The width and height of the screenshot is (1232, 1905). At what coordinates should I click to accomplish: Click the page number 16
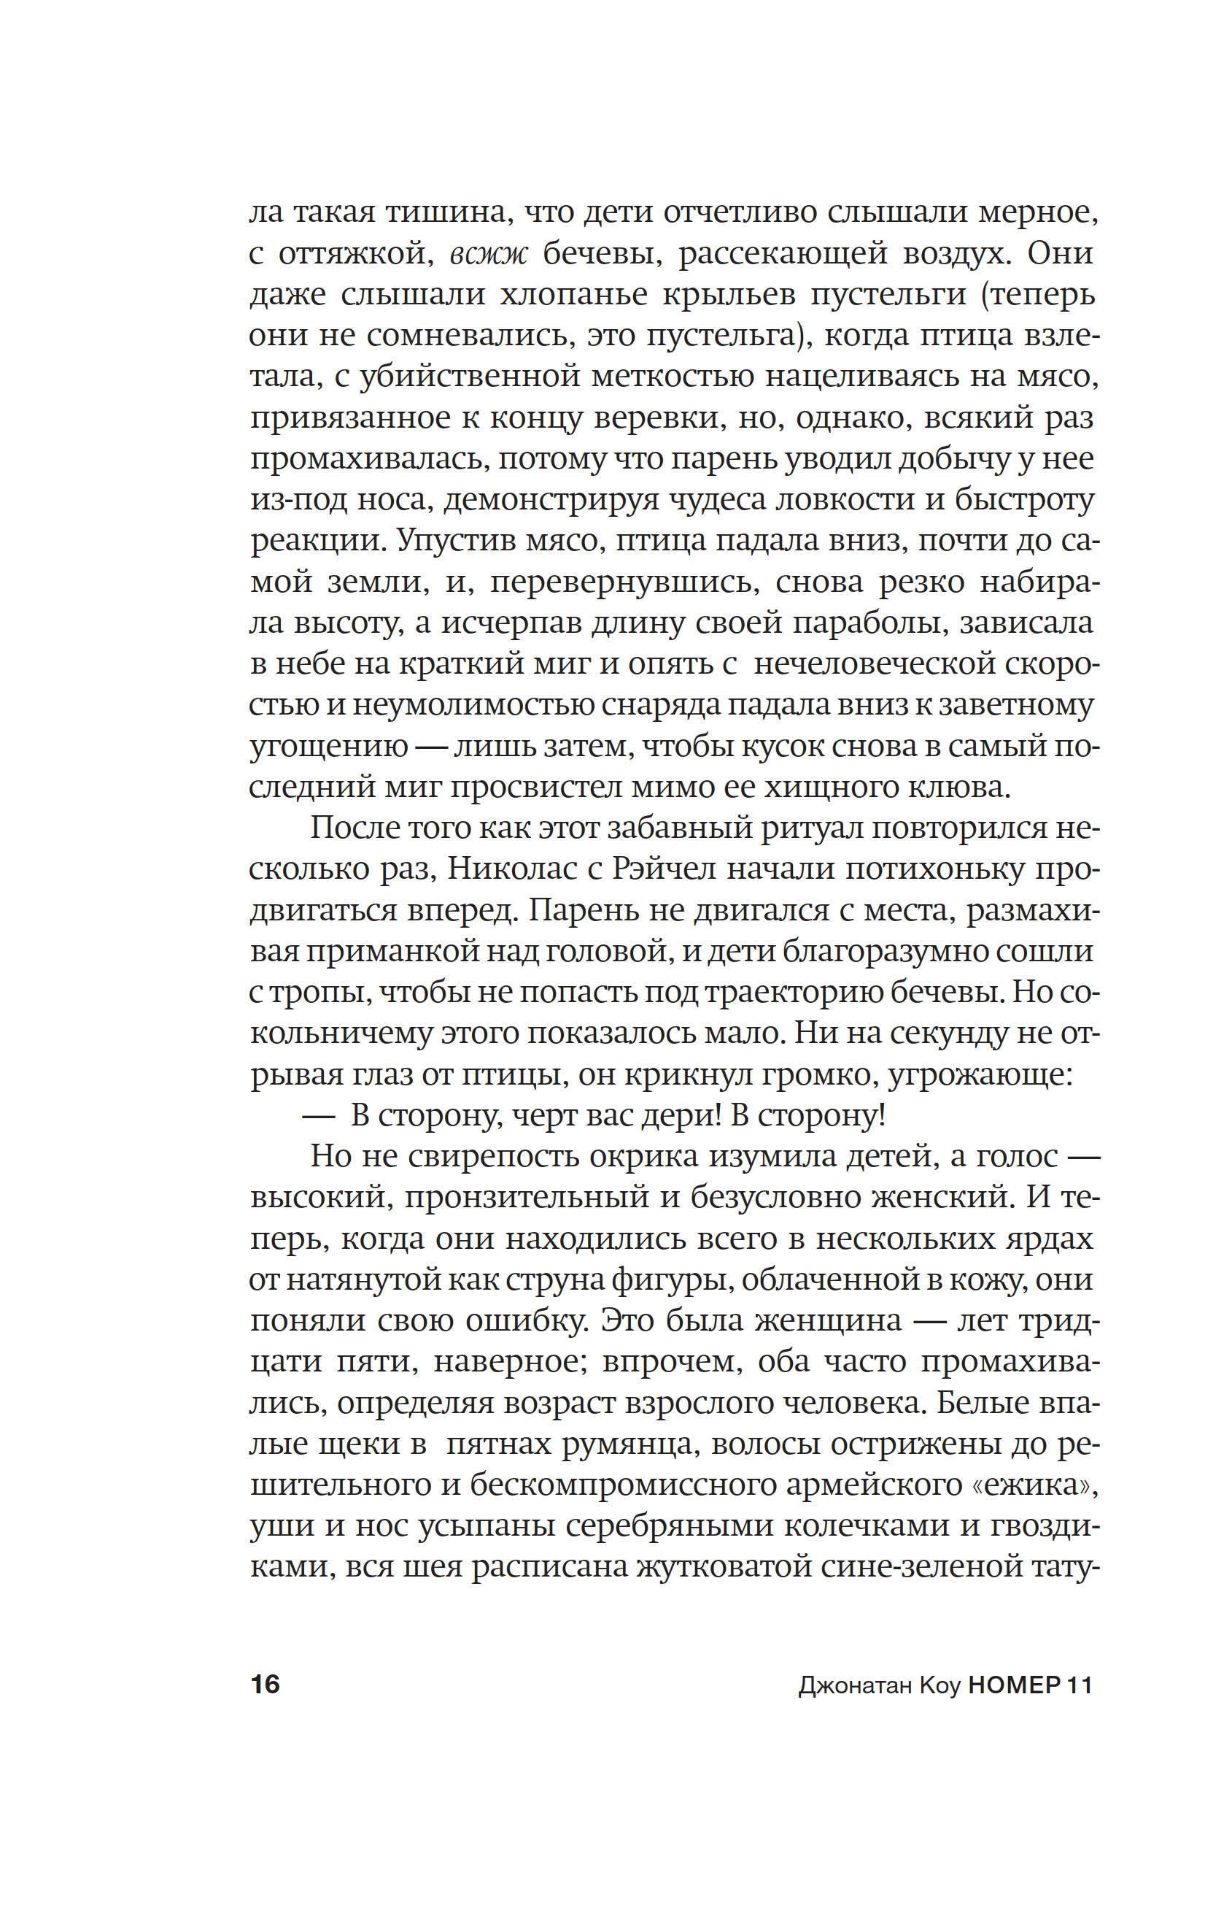pyautogui.click(x=265, y=1684)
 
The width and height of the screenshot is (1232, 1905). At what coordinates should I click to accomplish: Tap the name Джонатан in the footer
pyautogui.click(x=855, y=1685)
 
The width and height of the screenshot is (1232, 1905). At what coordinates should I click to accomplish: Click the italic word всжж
pyautogui.click(x=489, y=254)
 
